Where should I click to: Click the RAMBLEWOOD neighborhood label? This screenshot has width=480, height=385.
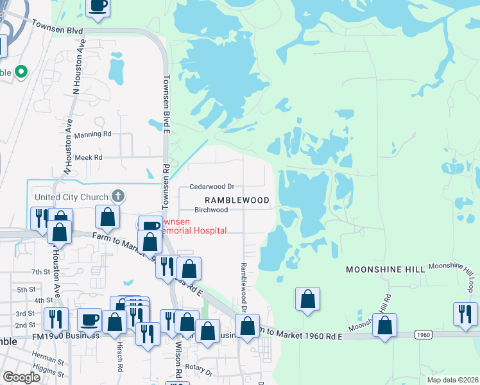pos(237,200)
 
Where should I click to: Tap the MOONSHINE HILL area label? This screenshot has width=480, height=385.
pos(385,270)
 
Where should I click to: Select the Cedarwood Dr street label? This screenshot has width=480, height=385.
pos(212,187)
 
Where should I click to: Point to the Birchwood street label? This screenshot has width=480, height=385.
pos(211,210)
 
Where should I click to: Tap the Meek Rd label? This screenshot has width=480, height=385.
pos(89,157)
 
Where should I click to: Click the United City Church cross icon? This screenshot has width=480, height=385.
pos(117,196)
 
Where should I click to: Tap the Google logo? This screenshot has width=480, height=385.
pos(22,377)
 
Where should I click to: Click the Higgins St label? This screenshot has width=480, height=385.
pos(44,368)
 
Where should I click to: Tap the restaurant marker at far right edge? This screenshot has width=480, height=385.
pos(465,314)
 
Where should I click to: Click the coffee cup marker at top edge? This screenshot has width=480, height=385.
pos(98,6)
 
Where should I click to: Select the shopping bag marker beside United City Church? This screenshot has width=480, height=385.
pos(108,217)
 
